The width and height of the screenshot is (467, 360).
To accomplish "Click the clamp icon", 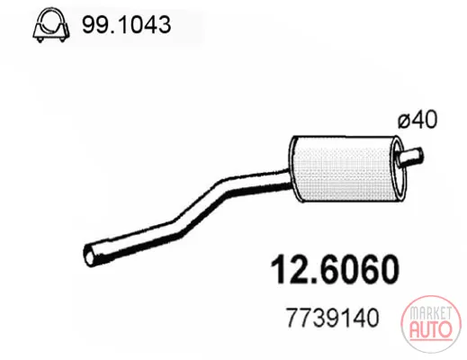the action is tap(51, 24).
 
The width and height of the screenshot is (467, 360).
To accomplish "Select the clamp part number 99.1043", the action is tap(127, 24).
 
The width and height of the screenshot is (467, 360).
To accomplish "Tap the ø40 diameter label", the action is tap(418, 120).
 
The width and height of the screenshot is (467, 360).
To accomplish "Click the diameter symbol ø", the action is tap(405, 121).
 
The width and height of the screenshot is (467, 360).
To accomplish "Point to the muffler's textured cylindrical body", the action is tap(344, 169).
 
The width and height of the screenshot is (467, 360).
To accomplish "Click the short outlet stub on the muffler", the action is tap(411, 157).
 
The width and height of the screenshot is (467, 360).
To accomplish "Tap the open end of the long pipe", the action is tap(89, 255).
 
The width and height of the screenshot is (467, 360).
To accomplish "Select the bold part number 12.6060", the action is tap(335, 269).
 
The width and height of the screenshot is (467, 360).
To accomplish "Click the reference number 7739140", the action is tap(333, 318).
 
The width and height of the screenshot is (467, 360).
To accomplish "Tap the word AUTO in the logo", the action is tap(430, 329).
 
